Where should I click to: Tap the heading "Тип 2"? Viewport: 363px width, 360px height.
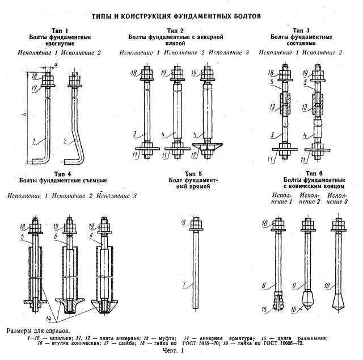click(x=175, y=30)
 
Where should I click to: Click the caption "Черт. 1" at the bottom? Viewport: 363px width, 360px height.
click(x=176, y=352)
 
